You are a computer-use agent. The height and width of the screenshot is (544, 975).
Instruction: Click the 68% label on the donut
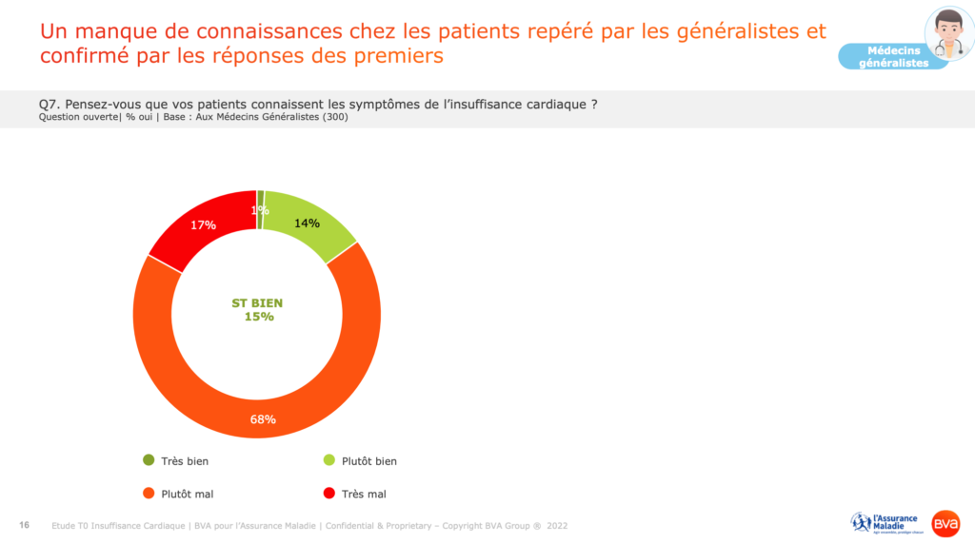(263, 419)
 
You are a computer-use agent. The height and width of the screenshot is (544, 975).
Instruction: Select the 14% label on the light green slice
(306, 223)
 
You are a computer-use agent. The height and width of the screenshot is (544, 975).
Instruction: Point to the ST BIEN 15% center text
(257, 310)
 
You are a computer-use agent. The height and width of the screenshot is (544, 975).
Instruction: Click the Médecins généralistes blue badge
(894, 56)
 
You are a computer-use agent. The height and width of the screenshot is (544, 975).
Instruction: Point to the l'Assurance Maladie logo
(885, 523)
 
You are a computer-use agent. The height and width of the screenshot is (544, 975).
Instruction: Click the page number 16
(25, 525)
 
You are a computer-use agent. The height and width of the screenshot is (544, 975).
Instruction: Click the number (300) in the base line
(336, 117)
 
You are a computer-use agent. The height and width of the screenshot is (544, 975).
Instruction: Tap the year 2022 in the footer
(557, 525)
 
